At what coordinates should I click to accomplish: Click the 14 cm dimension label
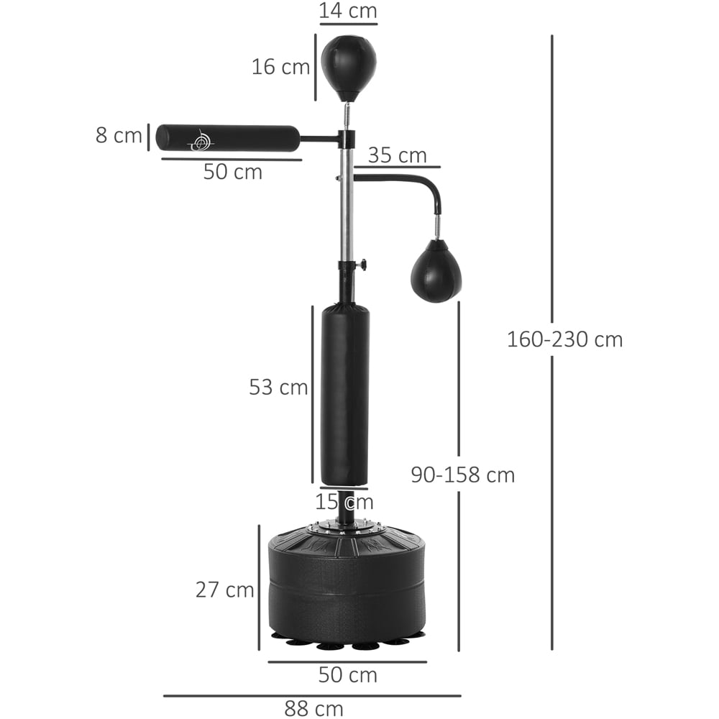tap(348, 11)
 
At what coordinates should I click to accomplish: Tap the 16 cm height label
tap(280, 67)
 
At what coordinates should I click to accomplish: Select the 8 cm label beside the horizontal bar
tap(119, 136)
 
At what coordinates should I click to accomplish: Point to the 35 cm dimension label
tap(397, 155)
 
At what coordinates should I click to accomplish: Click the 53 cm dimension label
tap(278, 388)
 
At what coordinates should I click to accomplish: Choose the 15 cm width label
tap(344, 502)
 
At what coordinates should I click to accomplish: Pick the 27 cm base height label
tap(224, 590)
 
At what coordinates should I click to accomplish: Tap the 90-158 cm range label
tap(462, 475)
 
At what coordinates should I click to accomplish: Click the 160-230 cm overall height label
tap(565, 340)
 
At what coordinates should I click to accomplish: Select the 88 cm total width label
tap(313, 708)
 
